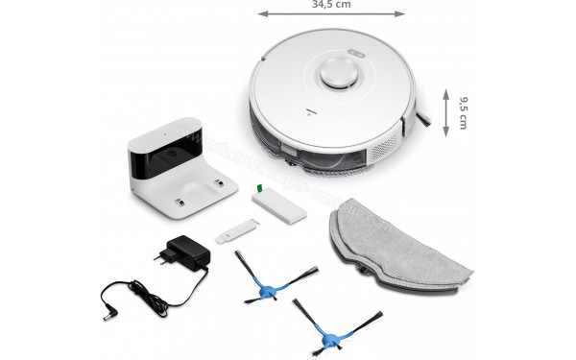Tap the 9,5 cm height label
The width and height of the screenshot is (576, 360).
462,113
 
